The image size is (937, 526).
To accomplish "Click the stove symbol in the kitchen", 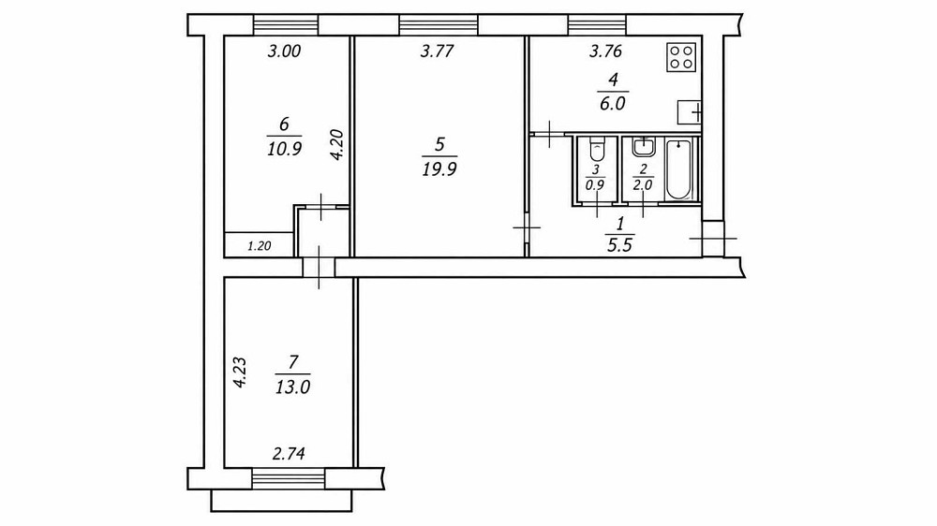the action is (681, 57).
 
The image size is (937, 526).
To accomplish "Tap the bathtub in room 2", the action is (678, 168).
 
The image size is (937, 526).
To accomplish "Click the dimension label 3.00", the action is (284, 51).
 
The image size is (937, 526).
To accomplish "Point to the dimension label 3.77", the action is (438, 51).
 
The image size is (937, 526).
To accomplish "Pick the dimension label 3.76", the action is (606, 51).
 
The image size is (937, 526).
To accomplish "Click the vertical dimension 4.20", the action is (336, 144).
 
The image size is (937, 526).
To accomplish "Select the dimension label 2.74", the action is (289, 454).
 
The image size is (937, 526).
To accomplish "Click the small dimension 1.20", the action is (260, 245).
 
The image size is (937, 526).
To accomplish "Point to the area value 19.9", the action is (439, 170).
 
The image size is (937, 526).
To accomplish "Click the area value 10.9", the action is (284, 149).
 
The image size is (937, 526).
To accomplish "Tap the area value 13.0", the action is (292, 387).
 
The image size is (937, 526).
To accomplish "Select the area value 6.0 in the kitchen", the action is (613, 103).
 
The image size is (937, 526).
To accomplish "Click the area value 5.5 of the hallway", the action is (619, 245).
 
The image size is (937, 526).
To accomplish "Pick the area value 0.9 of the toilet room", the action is (595, 185).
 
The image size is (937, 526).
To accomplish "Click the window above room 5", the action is (438, 24).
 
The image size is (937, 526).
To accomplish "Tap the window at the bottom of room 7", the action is (289, 479).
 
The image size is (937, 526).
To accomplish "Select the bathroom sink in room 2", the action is (643, 146).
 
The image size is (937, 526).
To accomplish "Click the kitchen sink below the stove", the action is (689, 111).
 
